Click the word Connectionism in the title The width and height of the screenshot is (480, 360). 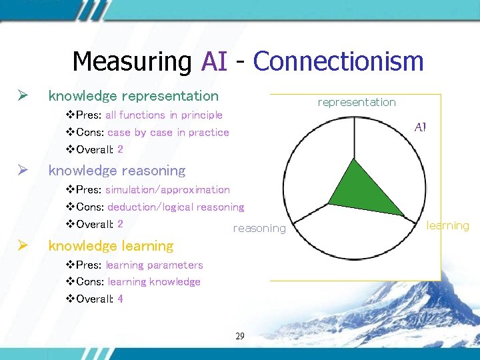click(338, 61)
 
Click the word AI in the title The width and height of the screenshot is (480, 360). click(214, 61)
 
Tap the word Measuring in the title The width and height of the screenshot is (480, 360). click(131, 61)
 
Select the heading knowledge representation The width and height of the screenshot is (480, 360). click(133, 96)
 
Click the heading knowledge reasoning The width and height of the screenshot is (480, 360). click(117, 171)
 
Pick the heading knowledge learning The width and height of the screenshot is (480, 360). click(111, 246)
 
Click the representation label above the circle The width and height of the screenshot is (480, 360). click(357, 102)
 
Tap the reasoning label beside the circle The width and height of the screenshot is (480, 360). click(259, 229)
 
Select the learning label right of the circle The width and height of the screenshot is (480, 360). click(448, 225)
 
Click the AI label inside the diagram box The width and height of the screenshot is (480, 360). click(420, 127)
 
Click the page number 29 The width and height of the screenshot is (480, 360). click(240, 336)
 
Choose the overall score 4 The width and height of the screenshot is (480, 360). click(120, 299)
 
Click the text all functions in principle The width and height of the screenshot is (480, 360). click(163, 115)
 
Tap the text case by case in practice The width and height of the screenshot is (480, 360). click(168, 133)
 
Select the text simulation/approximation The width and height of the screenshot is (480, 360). click(167, 190)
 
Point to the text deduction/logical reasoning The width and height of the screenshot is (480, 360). click(175, 207)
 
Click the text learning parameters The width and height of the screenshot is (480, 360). click(155, 265)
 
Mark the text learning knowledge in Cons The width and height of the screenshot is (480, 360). click(154, 282)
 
